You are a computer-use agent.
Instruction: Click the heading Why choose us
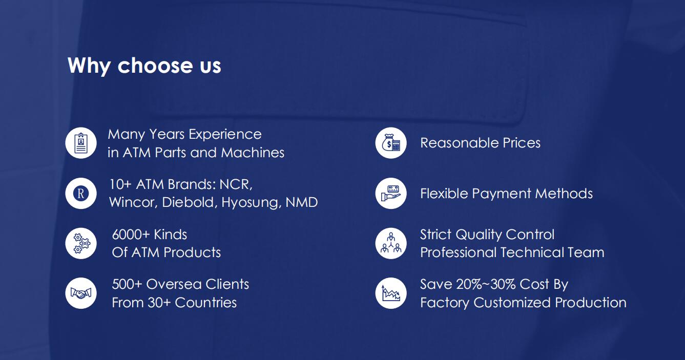point(144,66)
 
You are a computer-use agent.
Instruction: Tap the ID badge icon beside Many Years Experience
point(81,143)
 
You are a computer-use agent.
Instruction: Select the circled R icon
point(81,193)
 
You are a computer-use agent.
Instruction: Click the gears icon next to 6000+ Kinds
point(81,243)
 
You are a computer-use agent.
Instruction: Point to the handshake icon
point(81,293)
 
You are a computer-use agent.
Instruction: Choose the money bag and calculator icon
point(391,143)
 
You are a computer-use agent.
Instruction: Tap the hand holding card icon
point(391,193)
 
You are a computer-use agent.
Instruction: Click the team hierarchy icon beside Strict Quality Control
point(391,243)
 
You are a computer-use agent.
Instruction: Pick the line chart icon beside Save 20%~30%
point(391,293)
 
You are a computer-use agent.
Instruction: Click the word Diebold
point(189,202)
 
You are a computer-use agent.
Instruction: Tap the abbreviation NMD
point(302,202)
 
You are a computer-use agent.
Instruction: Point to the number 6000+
point(131,235)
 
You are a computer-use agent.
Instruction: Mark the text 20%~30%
point(485,284)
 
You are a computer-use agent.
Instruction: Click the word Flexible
point(444,194)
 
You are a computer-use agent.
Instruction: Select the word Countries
point(206,303)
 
